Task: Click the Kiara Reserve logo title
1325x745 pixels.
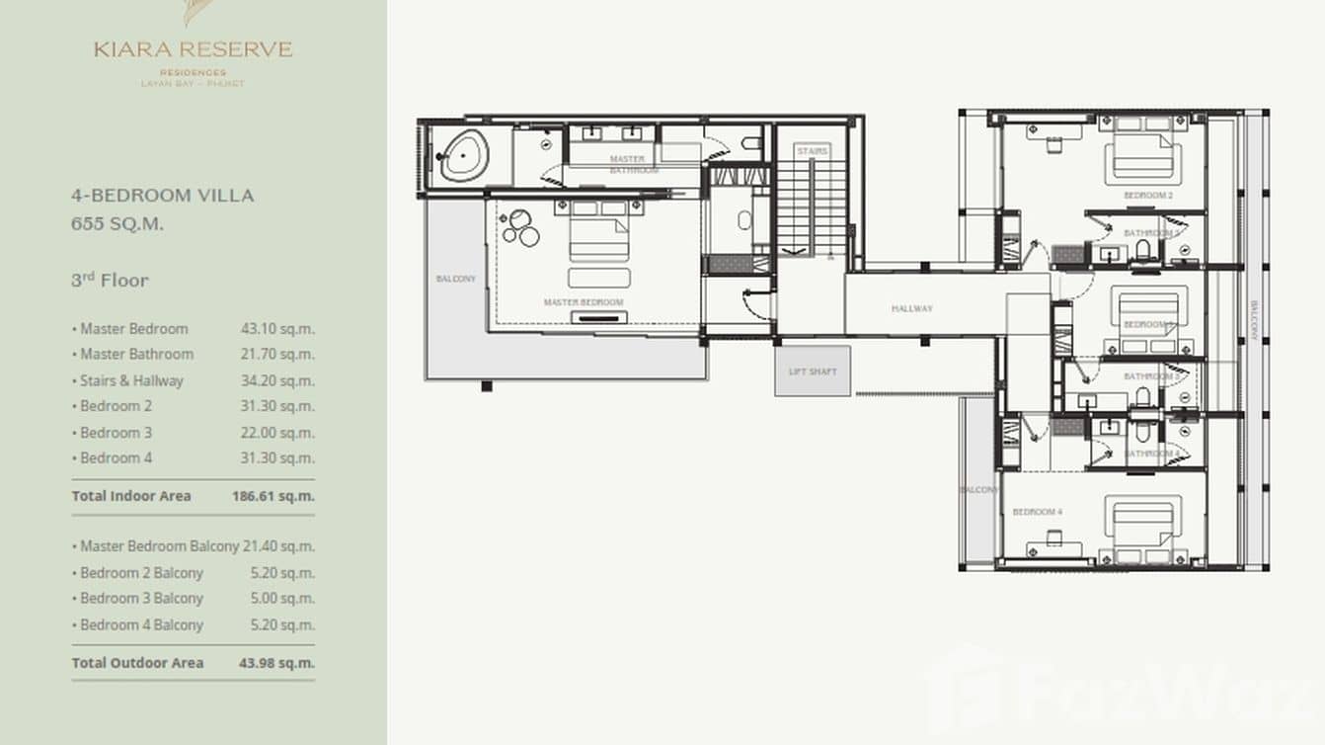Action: [x=194, y=49]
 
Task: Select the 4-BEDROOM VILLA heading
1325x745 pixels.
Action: [x=162, y=196]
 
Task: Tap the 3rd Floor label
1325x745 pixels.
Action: [x=110, y=281]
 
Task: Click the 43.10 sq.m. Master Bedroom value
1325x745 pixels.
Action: [x=277, y=329]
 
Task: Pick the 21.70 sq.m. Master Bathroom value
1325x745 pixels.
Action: [x=277, y=354]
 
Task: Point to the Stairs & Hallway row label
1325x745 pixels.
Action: [x=131, y=380]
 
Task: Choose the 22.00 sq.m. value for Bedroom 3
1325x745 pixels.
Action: [x=277, y=433]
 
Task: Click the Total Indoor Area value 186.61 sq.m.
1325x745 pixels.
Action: [x=273, y=496]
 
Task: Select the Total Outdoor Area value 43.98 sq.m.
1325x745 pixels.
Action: [x=276, y=663]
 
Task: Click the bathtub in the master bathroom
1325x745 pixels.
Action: [x=463, y=156]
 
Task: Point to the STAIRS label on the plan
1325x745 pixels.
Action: [x=812, y=151]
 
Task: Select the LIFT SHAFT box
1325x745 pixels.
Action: [x=813, y=372]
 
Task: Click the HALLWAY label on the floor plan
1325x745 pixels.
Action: [x=911, y=309]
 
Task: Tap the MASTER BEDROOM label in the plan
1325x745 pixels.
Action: [x=583, y=302]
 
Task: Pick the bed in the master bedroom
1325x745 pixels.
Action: [x=598, y=238]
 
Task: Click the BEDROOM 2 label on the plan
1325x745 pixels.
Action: [x=1147, y=196]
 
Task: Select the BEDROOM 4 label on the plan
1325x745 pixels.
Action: [x=1037, y=512]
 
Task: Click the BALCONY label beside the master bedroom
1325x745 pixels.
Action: [x=455, y=280]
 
